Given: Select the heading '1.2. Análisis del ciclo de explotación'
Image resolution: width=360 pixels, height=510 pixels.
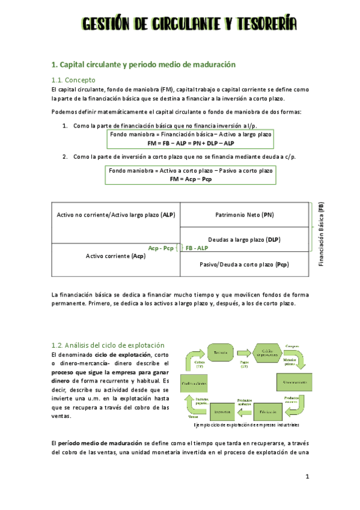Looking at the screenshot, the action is click(108, 345).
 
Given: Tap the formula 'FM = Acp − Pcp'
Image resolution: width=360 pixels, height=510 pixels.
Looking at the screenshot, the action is click(191, 179).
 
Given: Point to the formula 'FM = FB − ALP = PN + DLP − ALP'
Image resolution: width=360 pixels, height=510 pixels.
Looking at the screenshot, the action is click(191, 143).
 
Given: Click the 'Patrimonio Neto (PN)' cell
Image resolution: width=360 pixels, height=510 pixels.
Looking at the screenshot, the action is click(244, 215).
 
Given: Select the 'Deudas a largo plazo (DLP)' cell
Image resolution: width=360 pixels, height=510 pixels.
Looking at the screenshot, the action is click(244, 239).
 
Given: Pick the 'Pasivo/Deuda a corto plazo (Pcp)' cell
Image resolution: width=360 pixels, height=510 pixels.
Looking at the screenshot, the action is click(244, 264).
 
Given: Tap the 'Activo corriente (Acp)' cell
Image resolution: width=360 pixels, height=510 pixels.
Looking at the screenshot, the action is click(116, 256).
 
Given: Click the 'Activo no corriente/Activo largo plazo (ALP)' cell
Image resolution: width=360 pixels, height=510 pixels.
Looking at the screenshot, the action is click(116, 215).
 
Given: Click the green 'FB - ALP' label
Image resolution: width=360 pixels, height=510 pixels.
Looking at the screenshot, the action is click(197, 248).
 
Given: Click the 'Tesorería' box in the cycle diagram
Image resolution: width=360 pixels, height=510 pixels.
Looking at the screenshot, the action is click(220, 352).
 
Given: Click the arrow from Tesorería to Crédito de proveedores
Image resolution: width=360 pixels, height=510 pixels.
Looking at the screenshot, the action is click(243, 352).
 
